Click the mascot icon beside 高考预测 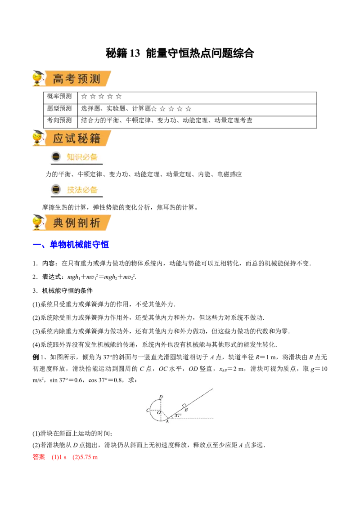click(x=38, y=78)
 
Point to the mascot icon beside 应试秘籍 click(x=38, y=138)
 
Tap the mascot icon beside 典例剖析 click(x=38, y=222)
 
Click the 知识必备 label click(x=82, y=157)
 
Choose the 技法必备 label click(x=82, y=189)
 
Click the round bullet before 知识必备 click(x=56, y=157)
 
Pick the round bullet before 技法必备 click(x=56, y=189)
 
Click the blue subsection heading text click(x=72, y=245)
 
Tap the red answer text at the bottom click(x=66, y=457)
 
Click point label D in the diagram click(x=161, y=397)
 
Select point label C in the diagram click(x=148, y=411)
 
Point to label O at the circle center click(x=158, y=412)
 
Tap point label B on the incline click(x=186, y=410)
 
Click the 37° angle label click(x=178, y=415)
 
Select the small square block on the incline click(x=184, y=406)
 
